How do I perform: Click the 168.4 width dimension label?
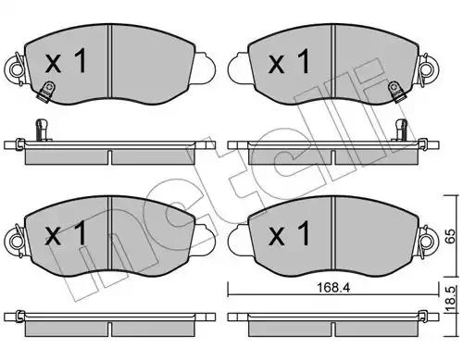pos(333,288)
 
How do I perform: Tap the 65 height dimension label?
pos(450,236)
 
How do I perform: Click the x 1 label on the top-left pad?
pos(66,62)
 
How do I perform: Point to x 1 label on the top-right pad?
pos(289,62)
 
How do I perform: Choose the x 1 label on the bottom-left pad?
pos(66,233)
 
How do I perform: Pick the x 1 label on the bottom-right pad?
pos(289,233)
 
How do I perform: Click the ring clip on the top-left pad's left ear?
pos(14,69)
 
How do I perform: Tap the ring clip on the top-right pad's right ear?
pos(429,69)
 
